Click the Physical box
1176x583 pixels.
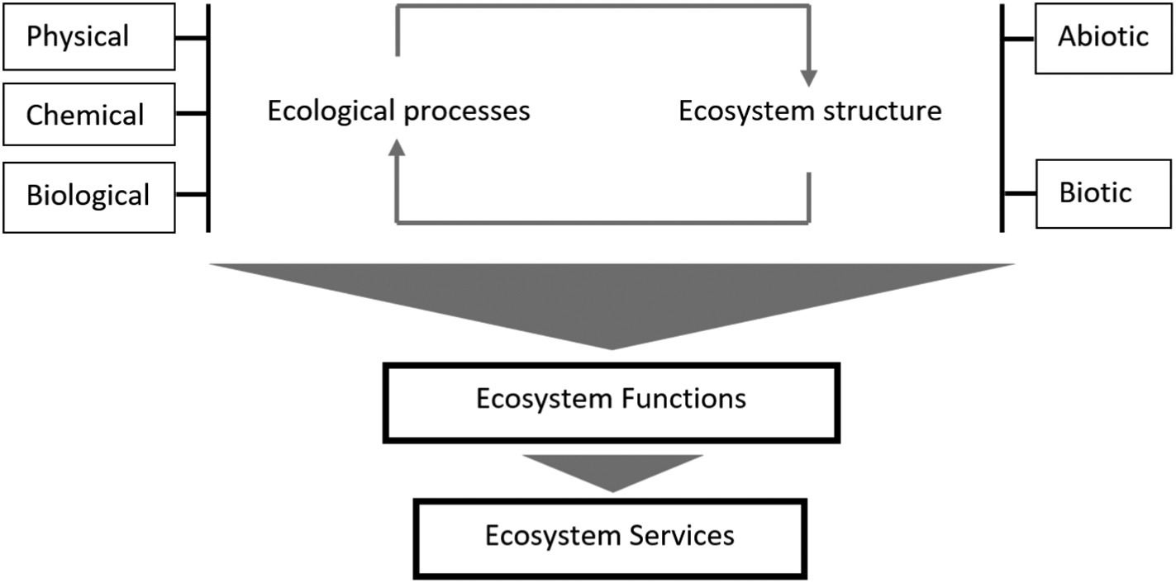(x=89, y=36)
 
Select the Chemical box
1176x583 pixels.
(x=89, y=115)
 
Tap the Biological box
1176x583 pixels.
(x=89, y=197)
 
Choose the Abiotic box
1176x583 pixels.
(x=1103, y=38)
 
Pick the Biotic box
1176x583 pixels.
(x=1103, y=193)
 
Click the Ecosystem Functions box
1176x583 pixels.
(x=611, y=403)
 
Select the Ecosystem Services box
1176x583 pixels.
(x=610, y=539)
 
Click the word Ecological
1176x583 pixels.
(x=331, y=112)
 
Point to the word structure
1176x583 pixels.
(x=883, y=111)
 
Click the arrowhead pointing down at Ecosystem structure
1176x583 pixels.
(x=809, y=78)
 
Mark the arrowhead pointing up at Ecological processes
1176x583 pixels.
(x=397, y=148)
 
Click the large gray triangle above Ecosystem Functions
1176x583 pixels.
(x=612, y=299)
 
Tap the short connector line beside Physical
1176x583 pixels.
(x=191, y=38)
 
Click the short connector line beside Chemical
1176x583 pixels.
(x=191, y=113)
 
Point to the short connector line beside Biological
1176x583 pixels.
(x=191, y=194)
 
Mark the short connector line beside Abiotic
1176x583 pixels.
(x=1019, y=39)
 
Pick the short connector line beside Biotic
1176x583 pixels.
(x=1020, y=193)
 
